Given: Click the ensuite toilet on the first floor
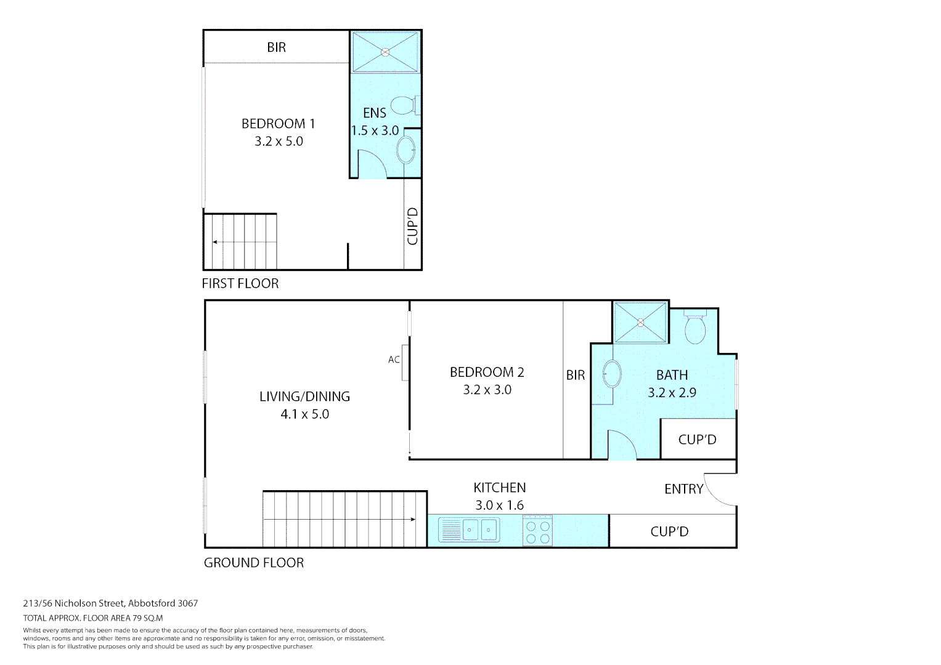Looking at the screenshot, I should (404, 105).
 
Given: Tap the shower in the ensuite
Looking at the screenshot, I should (385, 52).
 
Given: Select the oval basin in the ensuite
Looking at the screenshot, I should (406, 150).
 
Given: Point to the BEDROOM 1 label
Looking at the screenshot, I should (278, 124).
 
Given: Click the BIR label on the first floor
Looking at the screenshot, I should (276, 47).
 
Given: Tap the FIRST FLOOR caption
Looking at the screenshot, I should (240, 284).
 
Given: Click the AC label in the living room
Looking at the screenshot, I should (394, 360).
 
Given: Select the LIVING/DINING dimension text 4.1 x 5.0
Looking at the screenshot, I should (304, 414).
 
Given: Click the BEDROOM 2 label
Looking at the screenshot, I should (487, 373).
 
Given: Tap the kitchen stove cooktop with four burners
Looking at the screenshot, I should (538, 531).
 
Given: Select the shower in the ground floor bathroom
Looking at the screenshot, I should (640, 322).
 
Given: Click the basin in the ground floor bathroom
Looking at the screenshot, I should (612, 374).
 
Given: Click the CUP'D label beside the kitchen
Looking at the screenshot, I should (669, 531).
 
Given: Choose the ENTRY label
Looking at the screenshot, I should (683, 490).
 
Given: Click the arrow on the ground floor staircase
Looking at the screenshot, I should (412, 520).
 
